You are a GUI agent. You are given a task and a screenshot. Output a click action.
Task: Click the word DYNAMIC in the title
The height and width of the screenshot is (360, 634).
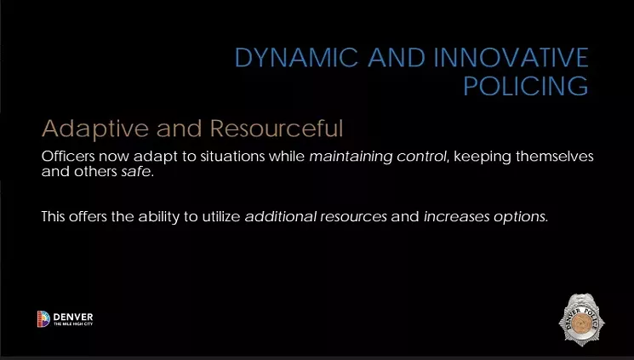(296, 57)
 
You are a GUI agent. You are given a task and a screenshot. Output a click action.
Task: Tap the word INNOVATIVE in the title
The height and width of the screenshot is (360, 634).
(511, 57)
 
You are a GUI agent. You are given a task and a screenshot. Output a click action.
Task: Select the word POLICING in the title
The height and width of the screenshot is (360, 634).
(526, 85)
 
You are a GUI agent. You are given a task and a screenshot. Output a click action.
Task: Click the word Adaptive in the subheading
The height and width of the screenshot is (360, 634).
(95, 129)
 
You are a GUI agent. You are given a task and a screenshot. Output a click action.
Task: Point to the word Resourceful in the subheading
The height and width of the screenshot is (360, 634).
(277, 129)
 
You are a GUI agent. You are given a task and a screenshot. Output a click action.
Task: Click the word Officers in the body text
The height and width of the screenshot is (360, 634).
(68, 156)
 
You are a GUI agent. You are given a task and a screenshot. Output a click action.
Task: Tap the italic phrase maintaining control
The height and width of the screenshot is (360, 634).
(378, 157)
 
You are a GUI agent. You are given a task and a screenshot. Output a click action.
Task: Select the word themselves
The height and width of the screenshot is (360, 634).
(555, 156)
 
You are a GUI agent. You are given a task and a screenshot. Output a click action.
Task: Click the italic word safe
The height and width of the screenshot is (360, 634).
(136, 172)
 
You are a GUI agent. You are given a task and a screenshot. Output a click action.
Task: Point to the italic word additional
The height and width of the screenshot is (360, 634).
(281, 216)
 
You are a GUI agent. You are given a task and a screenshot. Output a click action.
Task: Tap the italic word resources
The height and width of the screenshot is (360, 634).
(353, 217)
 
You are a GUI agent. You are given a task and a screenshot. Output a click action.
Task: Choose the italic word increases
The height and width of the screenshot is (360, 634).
(456, 217)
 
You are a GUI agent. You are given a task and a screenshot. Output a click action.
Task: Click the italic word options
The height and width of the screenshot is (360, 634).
(520, 217)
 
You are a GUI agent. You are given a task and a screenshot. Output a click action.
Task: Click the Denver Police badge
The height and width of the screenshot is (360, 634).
(581, 320)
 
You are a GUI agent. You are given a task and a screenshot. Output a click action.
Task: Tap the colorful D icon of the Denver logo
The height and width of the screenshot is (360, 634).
(43, 319)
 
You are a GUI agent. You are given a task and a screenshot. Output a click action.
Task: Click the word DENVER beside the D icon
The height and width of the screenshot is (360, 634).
(73, 317)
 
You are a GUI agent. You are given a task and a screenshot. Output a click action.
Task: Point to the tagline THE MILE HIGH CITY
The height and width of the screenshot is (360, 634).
(73, 324)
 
